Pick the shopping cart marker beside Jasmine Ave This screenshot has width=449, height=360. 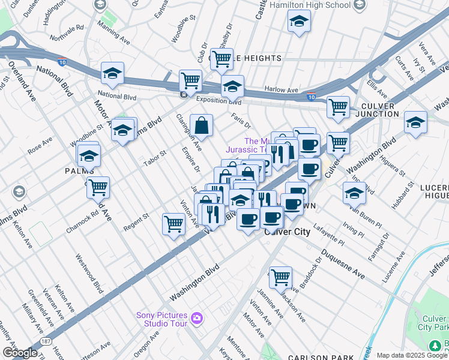280,278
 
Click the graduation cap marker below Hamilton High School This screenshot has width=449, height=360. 298,23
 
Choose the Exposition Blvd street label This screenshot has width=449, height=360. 215,101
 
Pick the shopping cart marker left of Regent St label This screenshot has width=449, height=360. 97,187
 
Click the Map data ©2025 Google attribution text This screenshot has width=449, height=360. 412,355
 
